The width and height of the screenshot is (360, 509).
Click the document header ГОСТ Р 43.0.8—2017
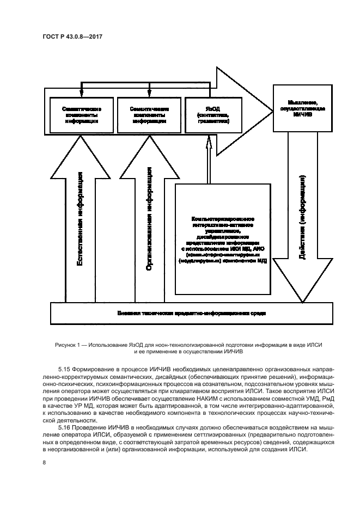coord(73,36)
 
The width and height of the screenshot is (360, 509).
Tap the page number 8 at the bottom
coord(44,463)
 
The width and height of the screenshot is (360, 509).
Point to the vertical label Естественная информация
coord(80,218)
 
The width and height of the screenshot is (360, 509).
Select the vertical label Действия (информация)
coord(303,218)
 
